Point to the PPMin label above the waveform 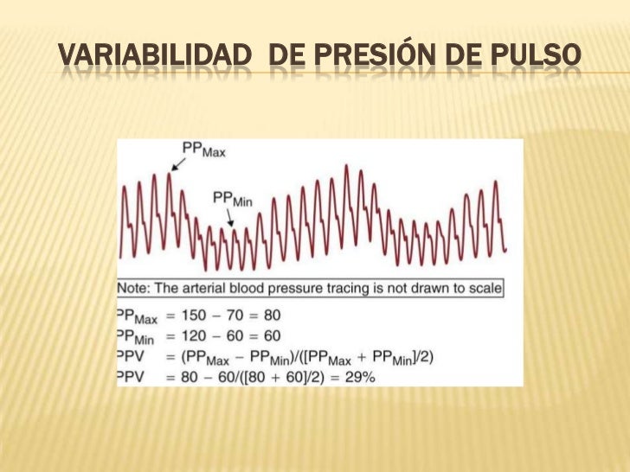232,198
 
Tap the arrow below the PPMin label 231,218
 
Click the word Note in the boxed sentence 136,287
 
